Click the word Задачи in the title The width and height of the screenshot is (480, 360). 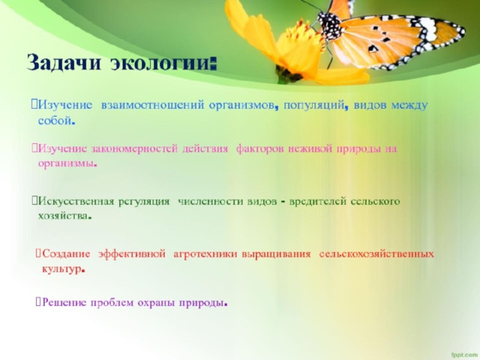[64, 63]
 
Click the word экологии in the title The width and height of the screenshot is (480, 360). [160, 63]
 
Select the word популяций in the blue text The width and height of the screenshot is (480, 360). [314, 106]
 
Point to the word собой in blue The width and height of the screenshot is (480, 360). [55, 121]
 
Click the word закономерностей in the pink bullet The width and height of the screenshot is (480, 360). [134, 149]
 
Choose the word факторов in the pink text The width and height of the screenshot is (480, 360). [259, 149]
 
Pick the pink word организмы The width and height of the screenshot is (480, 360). [65, 163]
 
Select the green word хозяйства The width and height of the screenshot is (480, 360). [63, 216]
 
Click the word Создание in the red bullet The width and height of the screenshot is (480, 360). [66, 254]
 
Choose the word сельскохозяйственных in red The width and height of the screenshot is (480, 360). [376, 254]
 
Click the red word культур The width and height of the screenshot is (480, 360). [61, 269]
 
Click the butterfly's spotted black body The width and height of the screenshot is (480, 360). [329, 25]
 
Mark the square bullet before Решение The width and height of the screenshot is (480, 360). [38, 301]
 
